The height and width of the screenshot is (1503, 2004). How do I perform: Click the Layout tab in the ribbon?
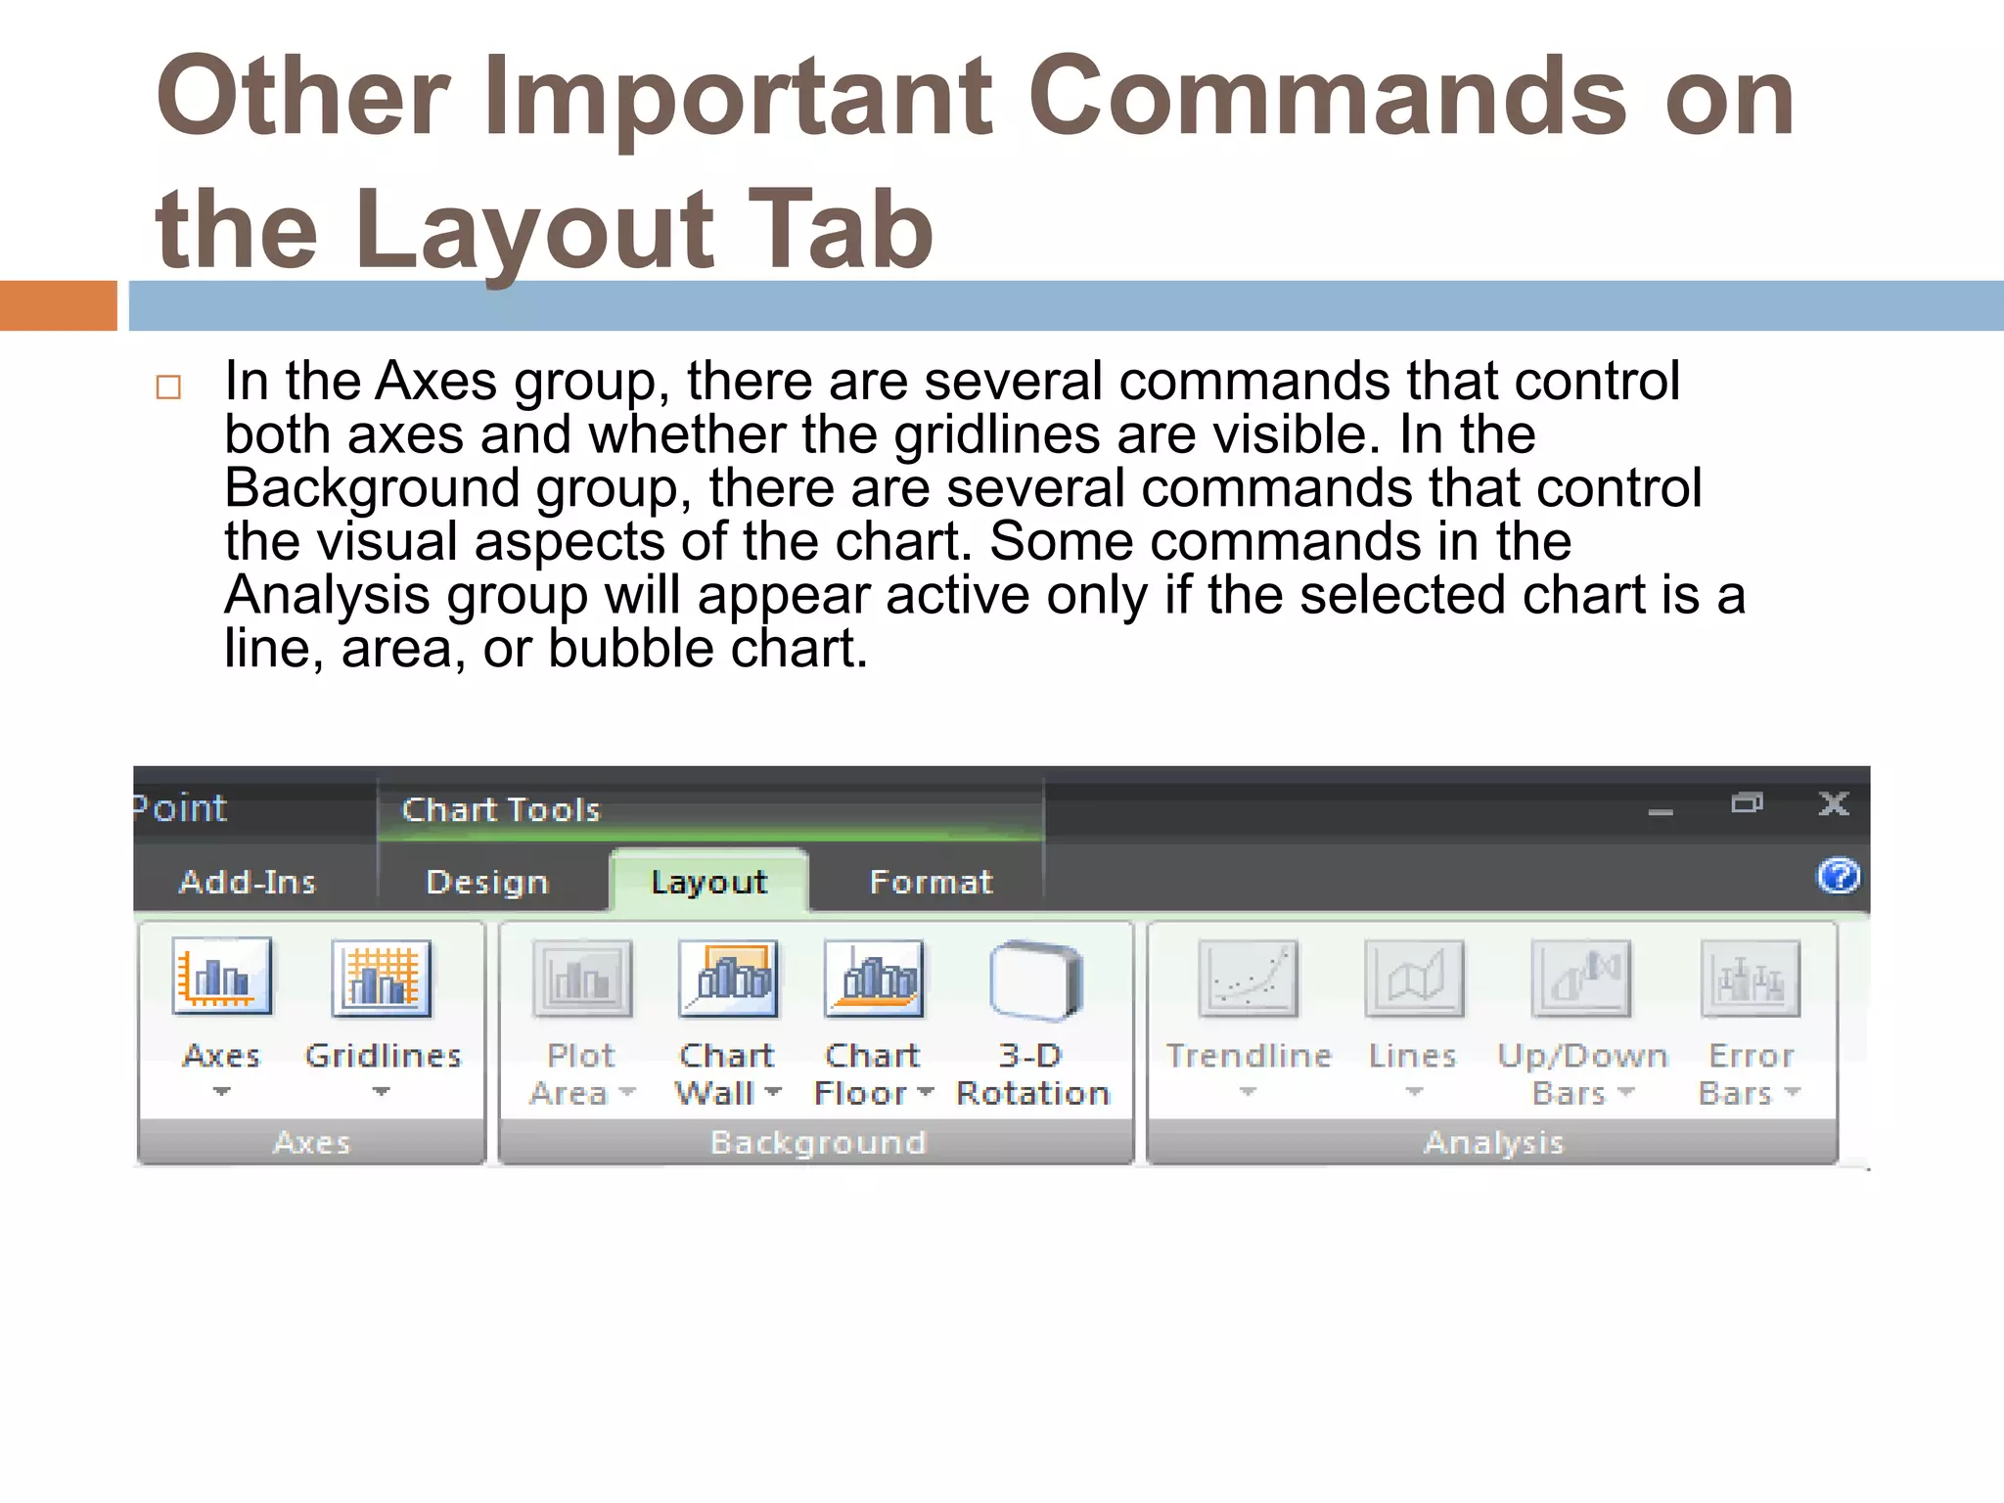(709, 882)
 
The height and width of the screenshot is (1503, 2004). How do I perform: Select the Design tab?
(487, 882)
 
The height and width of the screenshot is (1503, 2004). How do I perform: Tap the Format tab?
(931, 882)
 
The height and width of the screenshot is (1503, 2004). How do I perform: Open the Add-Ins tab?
(248, 882)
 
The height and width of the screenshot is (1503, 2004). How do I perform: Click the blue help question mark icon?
(1839, 876)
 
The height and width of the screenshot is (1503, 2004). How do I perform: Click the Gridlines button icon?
(382, 978)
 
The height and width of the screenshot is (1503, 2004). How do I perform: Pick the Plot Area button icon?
(582, 978)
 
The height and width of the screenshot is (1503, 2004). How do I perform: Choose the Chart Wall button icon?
(728, 978)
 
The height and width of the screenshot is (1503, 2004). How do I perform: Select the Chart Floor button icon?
(874, 978)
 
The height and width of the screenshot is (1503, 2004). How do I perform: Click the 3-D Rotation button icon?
(1034, 978)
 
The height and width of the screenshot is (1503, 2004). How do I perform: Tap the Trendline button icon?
(1248, 978)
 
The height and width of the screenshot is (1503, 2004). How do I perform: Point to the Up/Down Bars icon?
(1581, 978)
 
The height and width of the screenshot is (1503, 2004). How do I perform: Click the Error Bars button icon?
(1750, 978)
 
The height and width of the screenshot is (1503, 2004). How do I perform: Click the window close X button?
(1833, 804)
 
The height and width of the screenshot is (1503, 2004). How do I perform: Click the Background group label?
(818, 1142)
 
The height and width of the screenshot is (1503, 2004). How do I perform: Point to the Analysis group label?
(1493, 1142)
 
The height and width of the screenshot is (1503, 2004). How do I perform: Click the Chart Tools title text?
(501, 809)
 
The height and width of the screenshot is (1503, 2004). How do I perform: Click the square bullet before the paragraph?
(168, 387)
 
